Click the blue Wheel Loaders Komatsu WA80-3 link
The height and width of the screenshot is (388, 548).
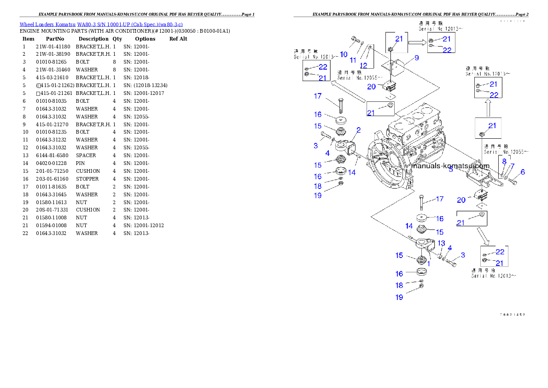(101, 24)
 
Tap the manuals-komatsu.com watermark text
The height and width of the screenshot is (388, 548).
(450, 166)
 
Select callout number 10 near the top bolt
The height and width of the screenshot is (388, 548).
(344, 54)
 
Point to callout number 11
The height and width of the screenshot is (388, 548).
(353, 60)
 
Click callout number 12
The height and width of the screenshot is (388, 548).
(364, 65)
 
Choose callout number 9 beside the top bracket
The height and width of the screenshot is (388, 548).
(416, 58)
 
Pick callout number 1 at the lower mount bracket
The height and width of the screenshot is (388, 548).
(429, 264)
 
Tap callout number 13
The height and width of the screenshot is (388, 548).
(441, 243)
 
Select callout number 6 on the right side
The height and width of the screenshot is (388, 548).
(523, 172)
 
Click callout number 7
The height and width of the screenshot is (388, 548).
(512, 166)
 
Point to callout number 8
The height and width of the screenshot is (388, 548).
(504, 161)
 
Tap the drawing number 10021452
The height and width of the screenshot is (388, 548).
(513, 315)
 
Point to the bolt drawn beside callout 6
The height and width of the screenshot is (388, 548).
(513, 182)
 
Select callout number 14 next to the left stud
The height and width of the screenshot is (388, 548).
(352, 172)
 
